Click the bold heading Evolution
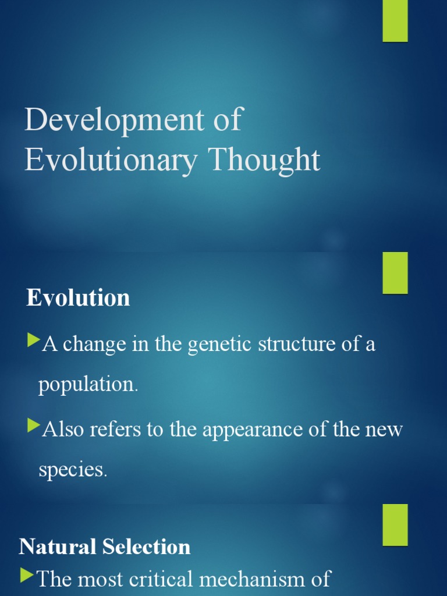(78, 298)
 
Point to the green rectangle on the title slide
(395, 21)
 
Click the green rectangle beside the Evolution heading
(395, 273)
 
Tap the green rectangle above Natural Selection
(395, 525)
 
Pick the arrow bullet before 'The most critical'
(27, 576)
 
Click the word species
(72, 470)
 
